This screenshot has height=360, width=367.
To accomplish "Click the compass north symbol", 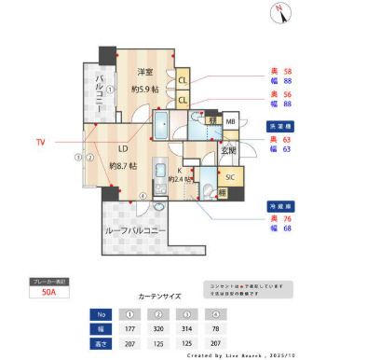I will tap(279, 13).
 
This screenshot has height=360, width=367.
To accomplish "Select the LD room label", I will tap(122, 147).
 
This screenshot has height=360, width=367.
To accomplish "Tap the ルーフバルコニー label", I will tap(135, 229).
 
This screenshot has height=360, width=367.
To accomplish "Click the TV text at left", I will tap(40, 143).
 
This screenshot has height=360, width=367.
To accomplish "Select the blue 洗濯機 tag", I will tap(280, 125).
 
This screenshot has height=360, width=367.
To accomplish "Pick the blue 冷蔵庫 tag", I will tap(280, 205).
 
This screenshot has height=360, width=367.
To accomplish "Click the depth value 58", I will tap(287, 71).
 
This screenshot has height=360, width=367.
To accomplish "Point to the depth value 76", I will tap(287, 217).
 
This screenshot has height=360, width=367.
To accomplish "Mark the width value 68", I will tap(287, 228).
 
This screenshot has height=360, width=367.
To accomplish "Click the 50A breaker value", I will tap(48, 292).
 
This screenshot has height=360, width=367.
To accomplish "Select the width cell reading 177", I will tap(130, 328).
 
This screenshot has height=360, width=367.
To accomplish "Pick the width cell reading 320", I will tap(160, 328).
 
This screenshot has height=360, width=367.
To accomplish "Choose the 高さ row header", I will tap(101, 343).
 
